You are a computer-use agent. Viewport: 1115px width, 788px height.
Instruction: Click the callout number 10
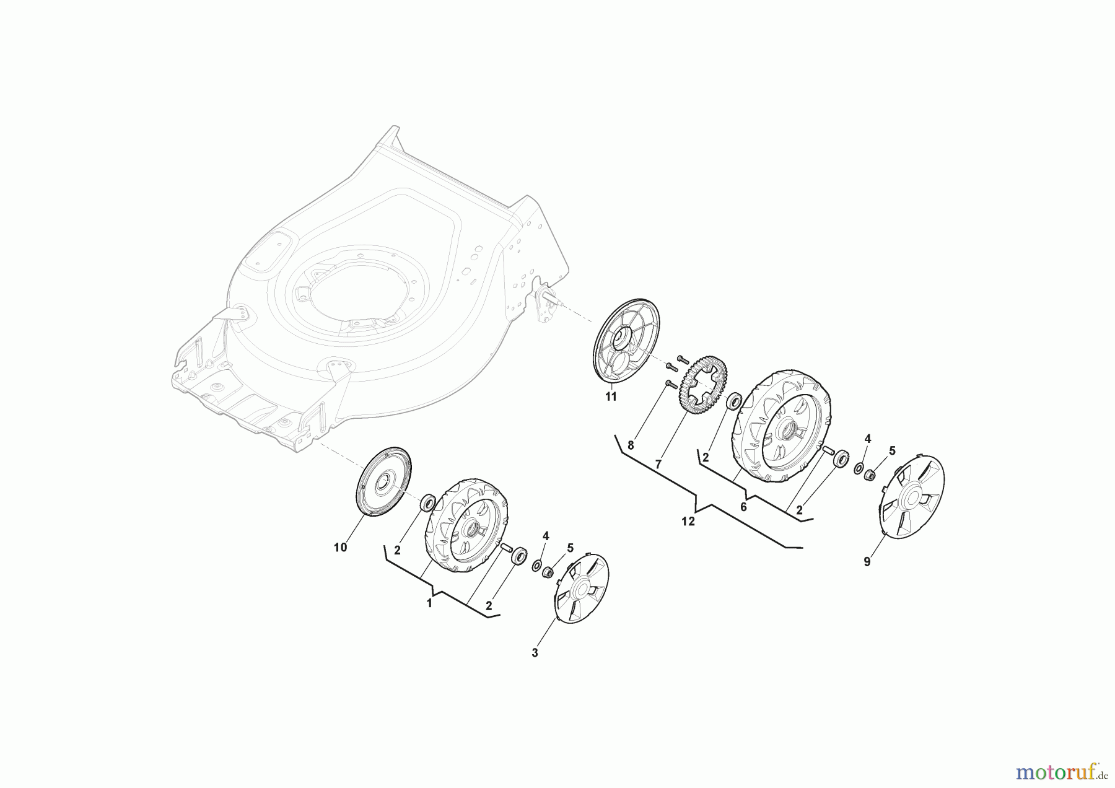(340, 548)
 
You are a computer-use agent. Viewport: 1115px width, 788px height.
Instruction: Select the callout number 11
(611, 397)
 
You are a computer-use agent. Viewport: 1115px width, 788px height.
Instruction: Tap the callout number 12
(688, 522)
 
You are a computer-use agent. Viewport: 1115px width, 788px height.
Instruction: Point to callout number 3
(535, 653)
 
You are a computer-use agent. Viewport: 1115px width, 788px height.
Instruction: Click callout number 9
(867, 562)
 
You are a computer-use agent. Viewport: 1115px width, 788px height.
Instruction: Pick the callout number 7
(658, 463)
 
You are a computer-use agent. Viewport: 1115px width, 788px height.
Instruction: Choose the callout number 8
(631, 445)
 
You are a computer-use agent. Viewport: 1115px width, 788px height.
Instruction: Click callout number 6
(743, 507)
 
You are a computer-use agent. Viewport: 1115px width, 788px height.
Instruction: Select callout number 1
(429, 603)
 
